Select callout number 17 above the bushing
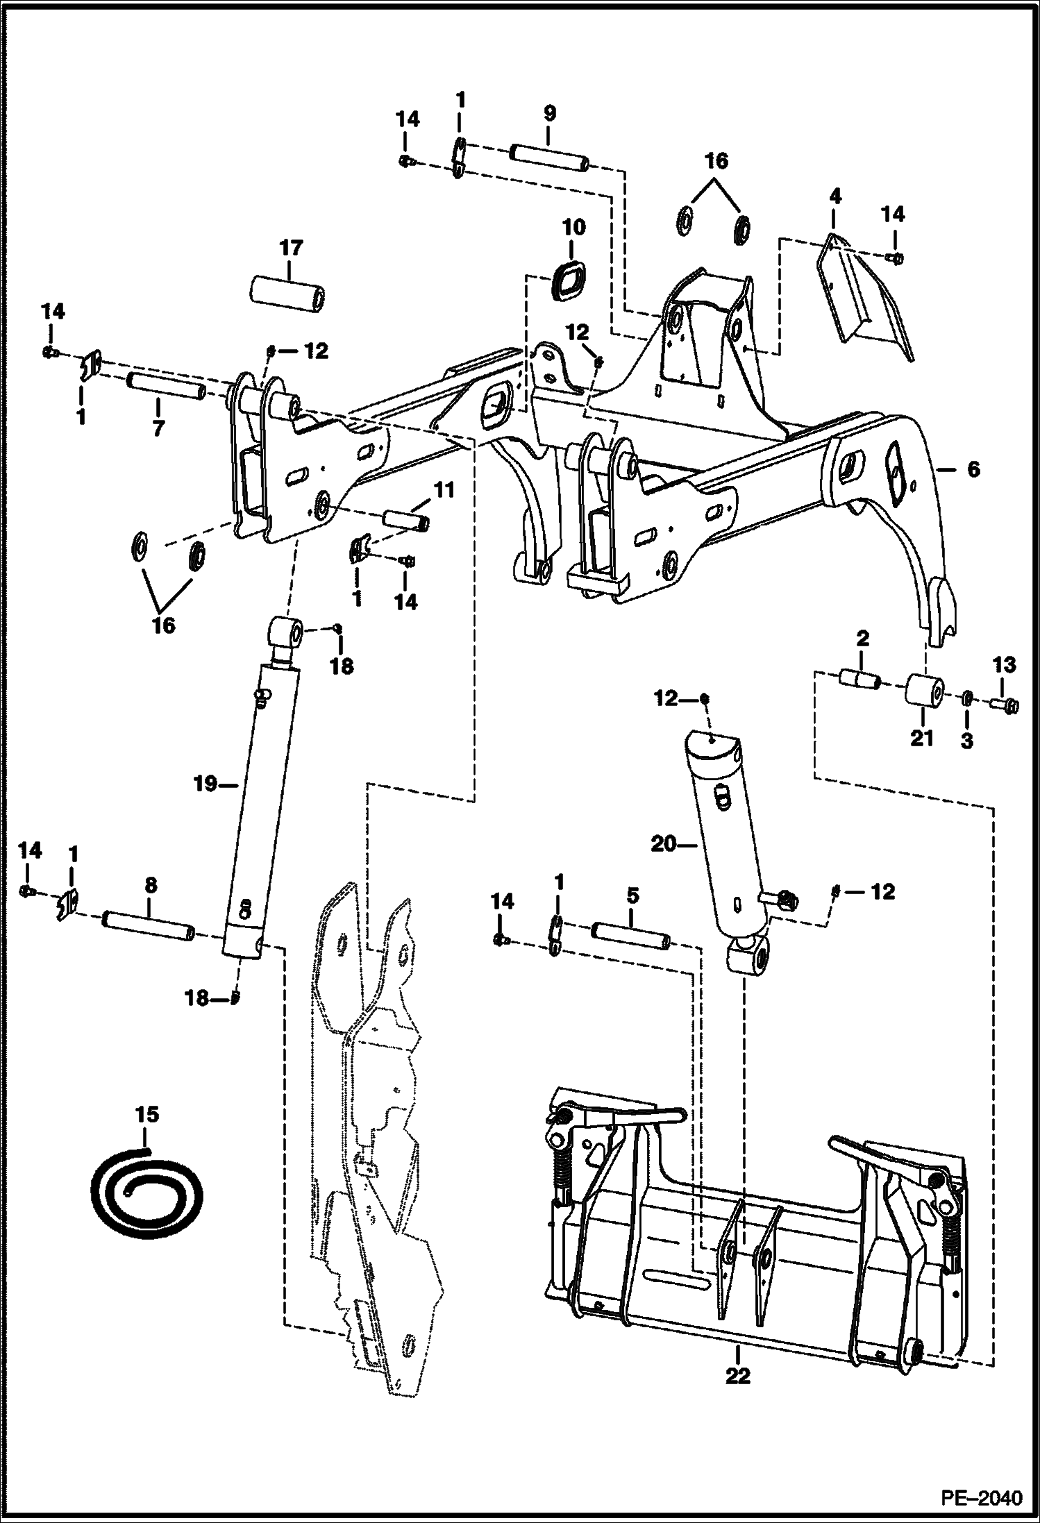291,248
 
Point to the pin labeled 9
550,155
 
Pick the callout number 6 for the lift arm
973,470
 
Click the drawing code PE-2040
981,1497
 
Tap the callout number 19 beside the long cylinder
206,785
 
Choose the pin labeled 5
630,936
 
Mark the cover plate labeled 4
865,300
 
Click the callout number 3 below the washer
966,741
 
